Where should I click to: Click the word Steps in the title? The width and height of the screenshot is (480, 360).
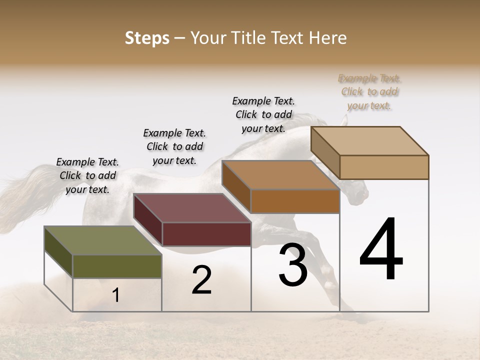[146, 38]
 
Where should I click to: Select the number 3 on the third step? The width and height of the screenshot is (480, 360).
[293, 265]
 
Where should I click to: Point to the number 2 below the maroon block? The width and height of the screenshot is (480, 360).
[201, 280]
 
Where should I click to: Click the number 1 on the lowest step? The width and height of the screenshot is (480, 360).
[116, 295]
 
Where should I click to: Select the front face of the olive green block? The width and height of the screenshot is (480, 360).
[117, 266]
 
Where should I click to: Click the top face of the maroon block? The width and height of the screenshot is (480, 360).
[192, 208]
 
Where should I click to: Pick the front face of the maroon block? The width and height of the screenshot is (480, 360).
[206, 234]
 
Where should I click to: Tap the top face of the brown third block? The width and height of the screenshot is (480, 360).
[280, 175]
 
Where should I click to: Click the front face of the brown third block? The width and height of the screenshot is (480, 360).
[295, 201]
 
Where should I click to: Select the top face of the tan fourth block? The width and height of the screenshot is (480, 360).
[369, 141]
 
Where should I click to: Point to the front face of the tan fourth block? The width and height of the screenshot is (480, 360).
[384, 167]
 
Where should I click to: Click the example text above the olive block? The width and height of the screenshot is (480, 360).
[87, 175]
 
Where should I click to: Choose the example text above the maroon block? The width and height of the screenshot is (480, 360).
[174, 146]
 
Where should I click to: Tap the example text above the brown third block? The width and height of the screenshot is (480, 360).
[263, 114]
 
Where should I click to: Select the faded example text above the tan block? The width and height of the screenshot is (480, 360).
[369, 91]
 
